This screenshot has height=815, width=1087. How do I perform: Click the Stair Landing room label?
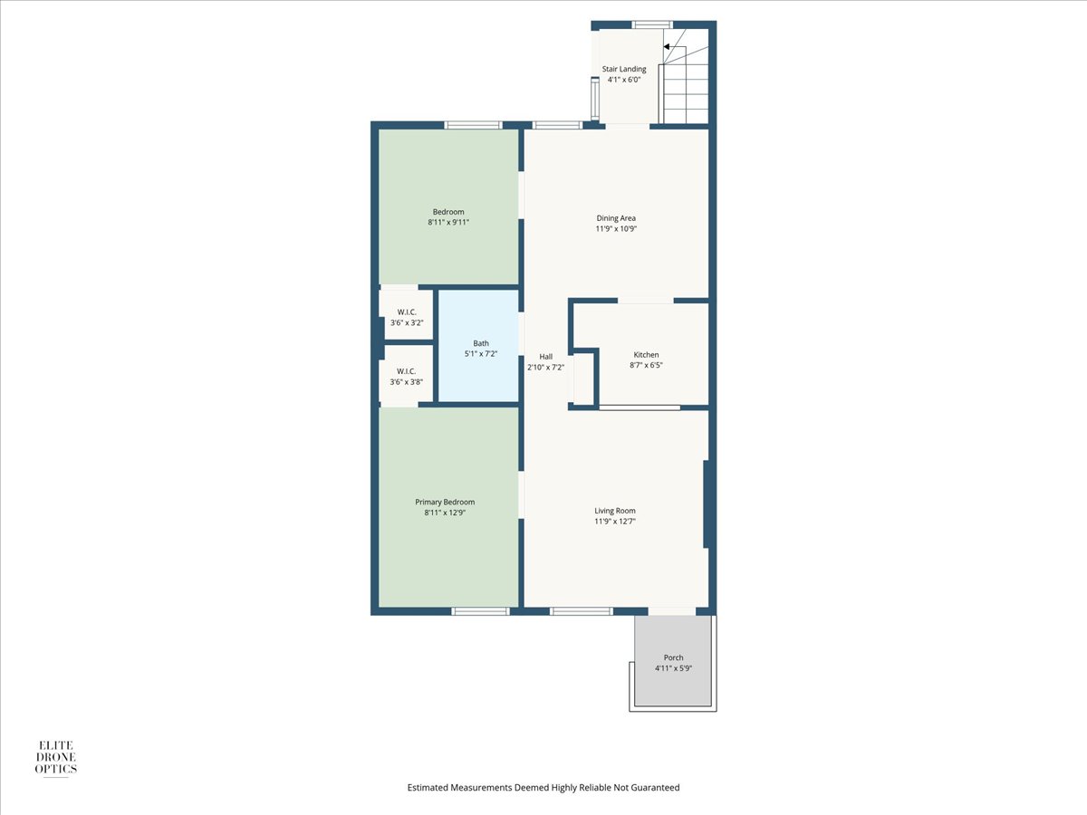(x=624, y=70)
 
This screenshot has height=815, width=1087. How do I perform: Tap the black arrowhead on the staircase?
(x=667, y=47)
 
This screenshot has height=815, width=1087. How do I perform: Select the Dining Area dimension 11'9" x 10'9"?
(x=616, y=228)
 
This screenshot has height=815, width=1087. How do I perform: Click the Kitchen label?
(x=646, y=355)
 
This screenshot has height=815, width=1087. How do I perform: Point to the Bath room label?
(x=481, y=343)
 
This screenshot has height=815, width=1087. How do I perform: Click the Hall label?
(x=545, y=357)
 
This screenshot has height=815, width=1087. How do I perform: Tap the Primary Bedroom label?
(x=445, y=503)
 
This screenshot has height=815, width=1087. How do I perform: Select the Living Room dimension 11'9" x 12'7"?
(x=615, y=521)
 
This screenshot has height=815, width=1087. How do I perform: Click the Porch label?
(x=674, y=657)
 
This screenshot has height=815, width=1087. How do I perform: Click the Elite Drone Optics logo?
(x=56, y=758)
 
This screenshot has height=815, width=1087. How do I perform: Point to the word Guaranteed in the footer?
(x=655, y=786)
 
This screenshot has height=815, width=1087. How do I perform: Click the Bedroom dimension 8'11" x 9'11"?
(x=448, y=223)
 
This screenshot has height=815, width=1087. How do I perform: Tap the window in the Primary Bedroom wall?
(x=480, y=611)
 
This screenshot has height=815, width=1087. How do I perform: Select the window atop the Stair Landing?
(x=652, y=24)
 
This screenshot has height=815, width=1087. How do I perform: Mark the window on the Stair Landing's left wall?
(x=595, y=99)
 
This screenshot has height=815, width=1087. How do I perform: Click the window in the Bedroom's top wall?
(x=473, y=125)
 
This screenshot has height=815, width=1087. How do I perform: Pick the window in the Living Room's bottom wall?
(x=582, y=611)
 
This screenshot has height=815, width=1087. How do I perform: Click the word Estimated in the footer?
(x=428, y=786)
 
